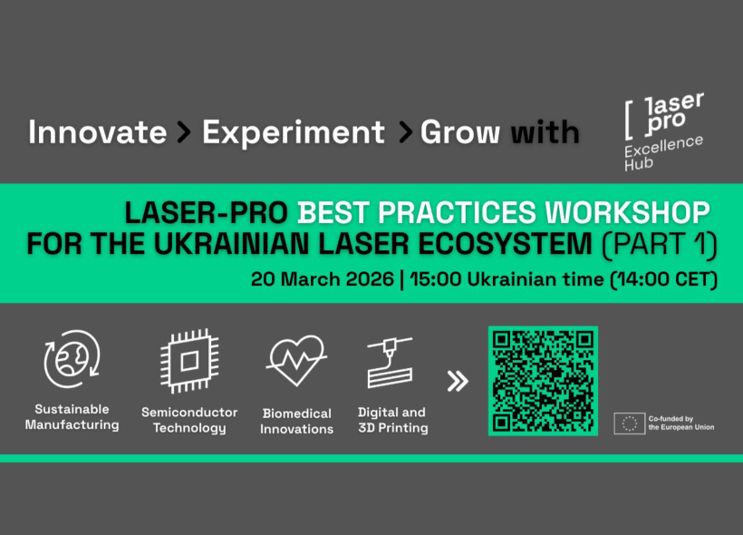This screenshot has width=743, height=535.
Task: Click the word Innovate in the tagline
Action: [x=97, y=131]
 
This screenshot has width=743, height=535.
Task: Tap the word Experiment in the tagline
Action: [x=294, y=131]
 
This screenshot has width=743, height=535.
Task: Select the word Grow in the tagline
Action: [x=459, y=131]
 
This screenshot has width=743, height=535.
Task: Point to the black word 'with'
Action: [x=545, y=131]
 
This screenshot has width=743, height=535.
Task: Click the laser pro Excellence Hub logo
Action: [x=663, y=131]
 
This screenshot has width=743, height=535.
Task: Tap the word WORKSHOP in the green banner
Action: [x=627, y=212]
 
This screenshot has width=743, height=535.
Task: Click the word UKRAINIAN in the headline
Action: [x=231, y=243]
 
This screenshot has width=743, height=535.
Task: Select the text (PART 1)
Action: [x=660, y=244]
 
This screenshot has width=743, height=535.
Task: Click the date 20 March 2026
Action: [x=323, y=279]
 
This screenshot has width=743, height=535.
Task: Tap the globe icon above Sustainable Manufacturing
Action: [x=72, y=358]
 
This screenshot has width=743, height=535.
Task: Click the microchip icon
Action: [x=189, y=361]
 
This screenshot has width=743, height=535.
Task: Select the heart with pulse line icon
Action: [x=296, y=360]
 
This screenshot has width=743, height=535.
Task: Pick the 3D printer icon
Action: [x=390, y=362]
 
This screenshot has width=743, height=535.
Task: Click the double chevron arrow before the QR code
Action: [x=458, y=381]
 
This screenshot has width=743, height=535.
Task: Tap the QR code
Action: [x=543, y=381]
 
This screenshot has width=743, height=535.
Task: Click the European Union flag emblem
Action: [x=629, y=423]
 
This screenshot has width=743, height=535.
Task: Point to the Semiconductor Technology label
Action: [x=189, y=420]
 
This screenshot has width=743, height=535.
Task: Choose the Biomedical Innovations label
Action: [x=296, y=421]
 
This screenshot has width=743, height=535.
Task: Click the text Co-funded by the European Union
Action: [x=680, y=423]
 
